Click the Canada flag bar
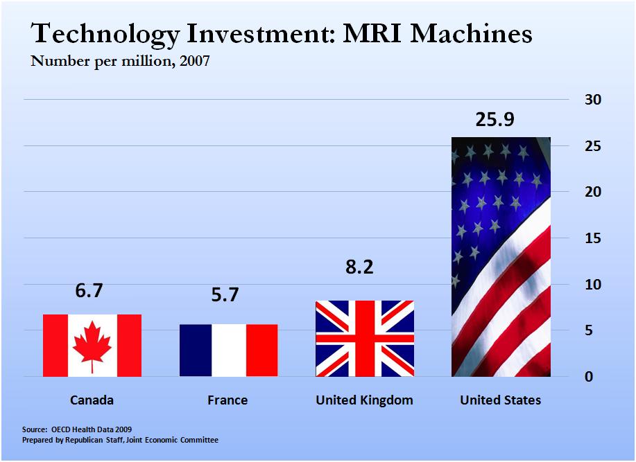tap(92, 346)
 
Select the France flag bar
tap(228, 350)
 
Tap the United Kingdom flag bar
tap(365, 339)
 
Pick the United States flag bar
tap(501, 257)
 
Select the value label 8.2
tap(359, 267)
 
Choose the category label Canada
tap(92, 400)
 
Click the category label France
tap(227, 400)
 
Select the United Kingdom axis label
tap(364, 400)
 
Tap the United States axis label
tap(501, 400)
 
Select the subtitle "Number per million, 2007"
tap(119, 61)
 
